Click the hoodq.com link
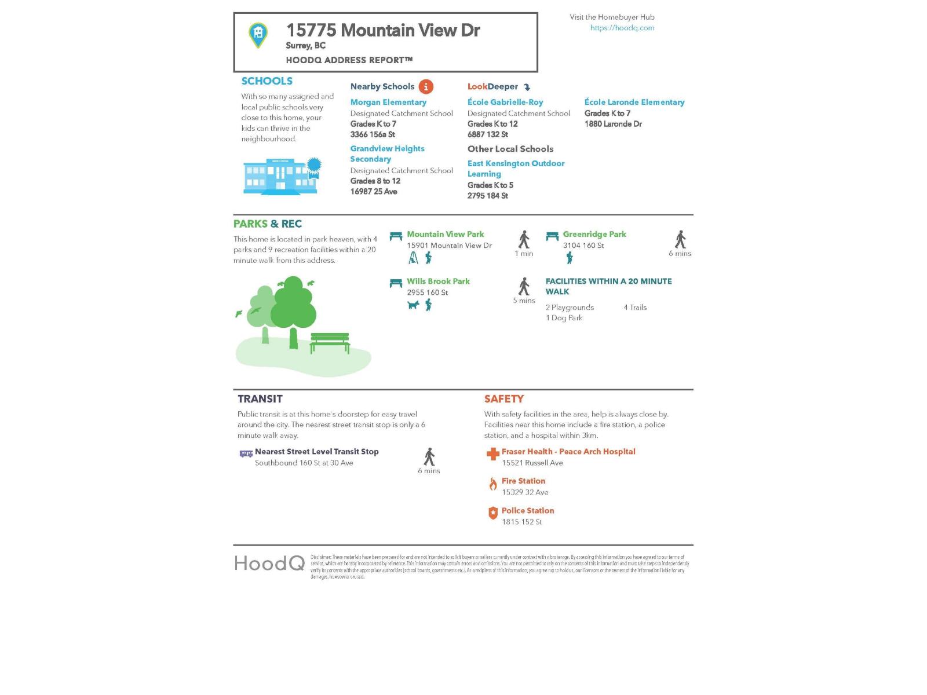pos(622,28)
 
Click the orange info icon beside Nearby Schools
pos(426,87)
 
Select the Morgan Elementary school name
pos(388,102)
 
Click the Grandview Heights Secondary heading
pos(387,153)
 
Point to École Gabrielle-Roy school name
pos(505,102)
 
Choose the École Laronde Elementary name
pos(634,102)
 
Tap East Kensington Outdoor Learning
pos(516,169)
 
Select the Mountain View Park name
pos(445,234)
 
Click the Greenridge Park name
pos(594,234)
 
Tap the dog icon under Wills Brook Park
pos(413,305)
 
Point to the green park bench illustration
pos(330,342)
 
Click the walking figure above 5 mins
pos(524,286)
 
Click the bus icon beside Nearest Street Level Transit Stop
pos(246,453)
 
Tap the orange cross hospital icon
pos(492,454)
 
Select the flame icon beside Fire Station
pos(492,484)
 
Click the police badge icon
pos(492,513)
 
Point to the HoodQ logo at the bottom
pos(269,563)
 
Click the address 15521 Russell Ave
pos(532,463)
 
